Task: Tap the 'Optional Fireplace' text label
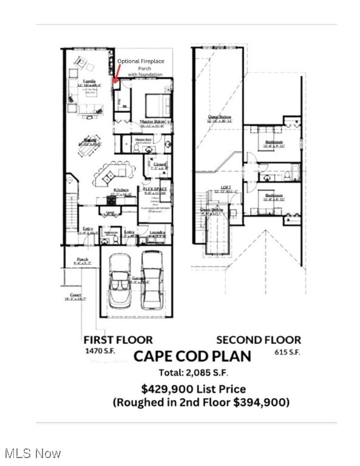tap(141, 61)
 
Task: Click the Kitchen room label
tap(121, 191)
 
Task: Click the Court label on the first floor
tap(75, 295)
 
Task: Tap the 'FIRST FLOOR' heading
tap(118, 340)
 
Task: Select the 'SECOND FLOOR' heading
tap(259, 340)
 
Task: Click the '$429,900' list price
tap(162, 389)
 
